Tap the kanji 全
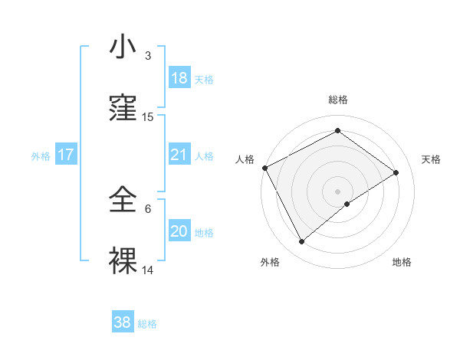coord(124,200)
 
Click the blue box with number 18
coord(179,78)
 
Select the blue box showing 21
coord(179,155)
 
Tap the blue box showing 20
coord(179,231)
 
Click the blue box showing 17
coord(66,155)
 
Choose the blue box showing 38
coord(123,322)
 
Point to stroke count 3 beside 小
coord(148,56)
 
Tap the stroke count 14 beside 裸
coord(148,270)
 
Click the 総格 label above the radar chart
coord(337,100)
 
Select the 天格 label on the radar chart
coord(431,159)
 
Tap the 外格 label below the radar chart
coord(270,262)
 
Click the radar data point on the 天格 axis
coord(396,172)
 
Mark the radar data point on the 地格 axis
coord(347,204)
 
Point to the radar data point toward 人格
coord(264,168)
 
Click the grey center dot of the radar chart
coord(337,191)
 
